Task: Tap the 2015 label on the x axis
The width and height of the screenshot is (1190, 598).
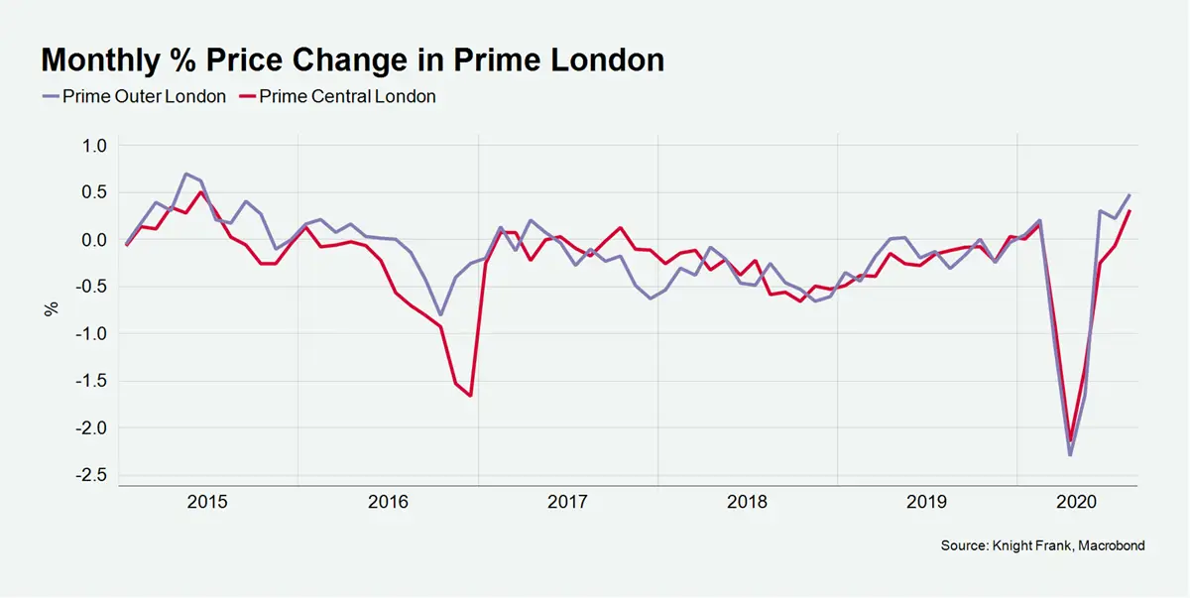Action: [x=207, y=503]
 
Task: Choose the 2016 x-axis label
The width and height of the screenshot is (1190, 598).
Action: [x=388, y=503]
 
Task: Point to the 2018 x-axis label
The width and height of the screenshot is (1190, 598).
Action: [x=747, y=503]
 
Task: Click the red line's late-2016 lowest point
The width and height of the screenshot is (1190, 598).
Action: [x=470, y=396]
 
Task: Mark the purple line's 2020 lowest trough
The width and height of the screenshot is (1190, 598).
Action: [x=1070, y=454]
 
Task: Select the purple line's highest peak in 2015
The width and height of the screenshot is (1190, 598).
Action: [x=186, y=174]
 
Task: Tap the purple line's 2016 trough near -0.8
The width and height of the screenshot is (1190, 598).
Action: [x=440, y=314]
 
